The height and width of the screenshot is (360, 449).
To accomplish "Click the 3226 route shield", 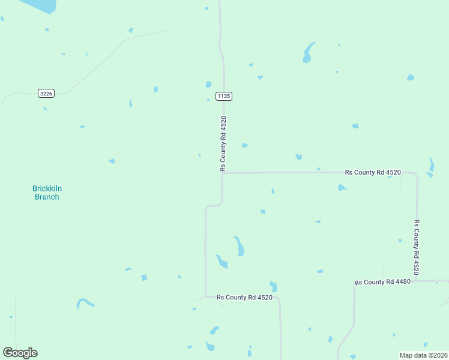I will pyautogui.click(x=46, y=93).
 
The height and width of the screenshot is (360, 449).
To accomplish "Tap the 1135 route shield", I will pyautogui.click(x=224, y=96).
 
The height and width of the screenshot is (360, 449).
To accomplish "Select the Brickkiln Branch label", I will pyautogui.click(x=47, y=193).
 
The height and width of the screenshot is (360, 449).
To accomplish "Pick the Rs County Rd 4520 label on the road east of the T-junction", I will pyautogui.click(x=373, y=172).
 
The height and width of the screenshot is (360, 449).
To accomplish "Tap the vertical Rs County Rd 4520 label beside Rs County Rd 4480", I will pyautogui.click(x=417, y=247).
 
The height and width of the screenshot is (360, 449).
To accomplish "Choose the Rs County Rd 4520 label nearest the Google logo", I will pyautogui.click(x=244, y=297).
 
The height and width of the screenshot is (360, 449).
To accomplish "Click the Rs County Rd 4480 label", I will pyautogui.click(x=382, y=282).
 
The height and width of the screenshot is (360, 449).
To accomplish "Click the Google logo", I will pyautogui.click(x=20, y=353).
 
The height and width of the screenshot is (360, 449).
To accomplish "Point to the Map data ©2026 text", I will pyautogui.click(x=424, y=355).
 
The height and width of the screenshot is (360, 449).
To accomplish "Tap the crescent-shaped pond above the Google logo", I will pyautogui.click(x=85, y=302).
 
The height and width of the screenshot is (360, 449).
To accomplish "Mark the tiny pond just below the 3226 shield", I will pyautogui.click(x=45, y=109).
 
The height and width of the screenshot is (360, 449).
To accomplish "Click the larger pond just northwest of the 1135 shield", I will pyautogui.click(x=208, y=85).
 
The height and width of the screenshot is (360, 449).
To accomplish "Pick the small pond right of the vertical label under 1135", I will pyautogui.click(x=244, y=145).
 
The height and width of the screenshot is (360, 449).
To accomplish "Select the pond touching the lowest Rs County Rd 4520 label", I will pyautogui.click(x=273, y=286).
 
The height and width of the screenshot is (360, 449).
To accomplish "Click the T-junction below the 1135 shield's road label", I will pyautogui.click(x=223, y=173).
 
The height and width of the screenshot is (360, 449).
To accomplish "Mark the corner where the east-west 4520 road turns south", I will pyautogui.click(x=416, y=176).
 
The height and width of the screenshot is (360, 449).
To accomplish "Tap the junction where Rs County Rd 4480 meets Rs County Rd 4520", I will pyautogui.click(x=417, y=281).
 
